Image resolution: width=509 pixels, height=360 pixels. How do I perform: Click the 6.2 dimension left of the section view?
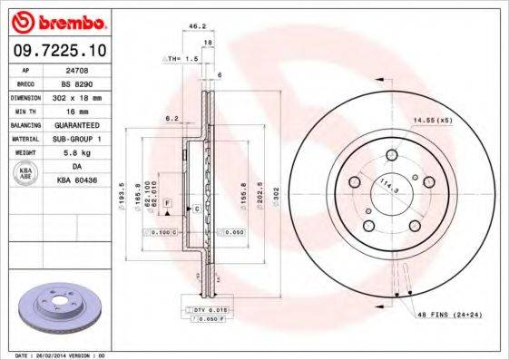tap(171, 118)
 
